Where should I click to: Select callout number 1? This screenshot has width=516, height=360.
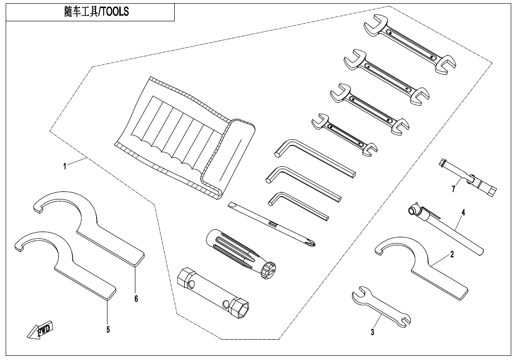[x=65, y=166]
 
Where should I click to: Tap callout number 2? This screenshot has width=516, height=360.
[x=452, y=254]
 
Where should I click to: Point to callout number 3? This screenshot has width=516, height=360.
[x=373, y=333]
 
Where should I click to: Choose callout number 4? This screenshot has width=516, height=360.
[x=463, y=213]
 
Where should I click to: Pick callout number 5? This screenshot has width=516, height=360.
[x=108, y=329]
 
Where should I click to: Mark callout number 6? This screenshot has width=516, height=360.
[x=136, y=298]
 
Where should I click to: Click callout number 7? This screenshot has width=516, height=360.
[x=453, y=189]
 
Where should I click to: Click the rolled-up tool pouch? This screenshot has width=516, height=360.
[x=194, y=137]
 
